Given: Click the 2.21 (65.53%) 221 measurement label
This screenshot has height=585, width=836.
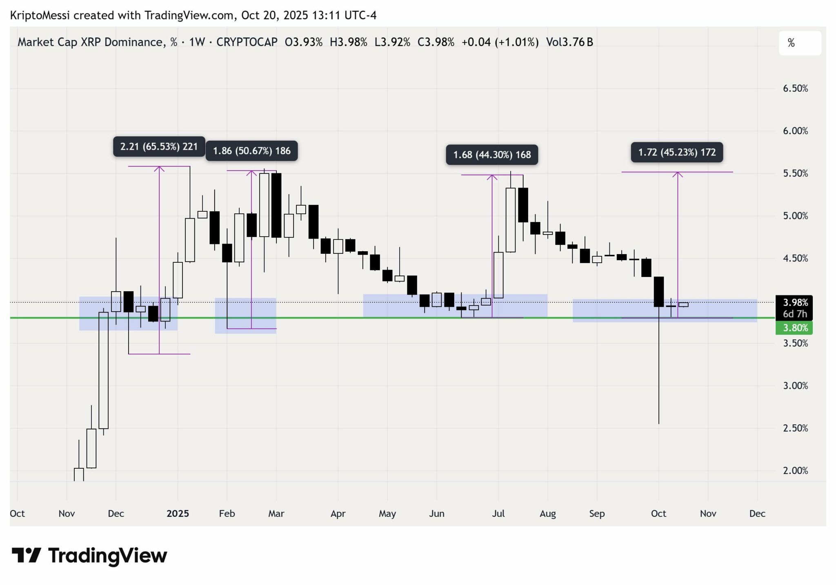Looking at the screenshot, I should point(159,146).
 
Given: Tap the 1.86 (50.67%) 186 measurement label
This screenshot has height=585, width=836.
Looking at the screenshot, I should point(251,151).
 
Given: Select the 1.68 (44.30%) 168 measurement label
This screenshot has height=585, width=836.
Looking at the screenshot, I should point(492,155).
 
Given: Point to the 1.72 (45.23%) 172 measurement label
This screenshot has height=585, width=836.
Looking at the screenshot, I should point(677,153).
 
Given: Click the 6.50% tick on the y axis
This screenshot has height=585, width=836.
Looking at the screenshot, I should point(795,89).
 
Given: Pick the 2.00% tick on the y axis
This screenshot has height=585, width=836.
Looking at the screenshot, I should point(795,471).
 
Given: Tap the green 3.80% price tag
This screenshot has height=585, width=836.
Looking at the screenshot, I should point(794,328).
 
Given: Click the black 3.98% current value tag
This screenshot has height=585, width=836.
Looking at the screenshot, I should point(794,303).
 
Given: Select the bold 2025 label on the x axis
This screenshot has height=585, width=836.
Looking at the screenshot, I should point(178,514).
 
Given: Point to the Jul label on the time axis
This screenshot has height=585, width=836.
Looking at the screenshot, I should point(498,514).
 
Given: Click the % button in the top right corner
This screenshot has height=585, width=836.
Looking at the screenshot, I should point(800,43).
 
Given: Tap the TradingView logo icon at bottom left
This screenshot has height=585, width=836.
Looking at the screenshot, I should point(26,556).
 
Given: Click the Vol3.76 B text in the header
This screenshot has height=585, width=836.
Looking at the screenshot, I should point(569,42).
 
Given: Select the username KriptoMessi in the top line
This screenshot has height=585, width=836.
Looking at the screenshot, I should point(40,16).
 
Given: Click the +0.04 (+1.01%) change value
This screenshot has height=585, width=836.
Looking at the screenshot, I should point(500,42).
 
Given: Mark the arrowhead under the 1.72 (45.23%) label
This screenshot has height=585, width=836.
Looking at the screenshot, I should point(678,175).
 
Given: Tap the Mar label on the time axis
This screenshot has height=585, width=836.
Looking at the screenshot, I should point(276,514).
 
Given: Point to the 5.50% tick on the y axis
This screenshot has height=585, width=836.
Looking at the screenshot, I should point(795,173).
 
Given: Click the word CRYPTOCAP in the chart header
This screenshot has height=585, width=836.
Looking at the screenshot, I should point(247,42).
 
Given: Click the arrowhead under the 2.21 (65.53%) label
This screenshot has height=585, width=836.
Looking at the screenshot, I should point(159,169).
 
